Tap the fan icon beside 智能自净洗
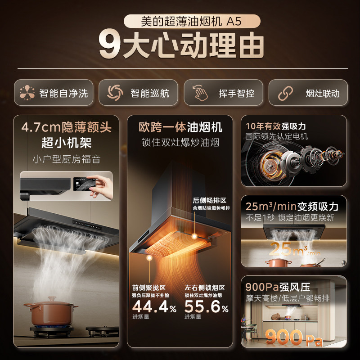27,93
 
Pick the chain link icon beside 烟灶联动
285,93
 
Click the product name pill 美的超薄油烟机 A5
180,21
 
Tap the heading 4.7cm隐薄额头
67,127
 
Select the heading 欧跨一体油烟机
180,127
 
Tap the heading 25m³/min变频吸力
292,207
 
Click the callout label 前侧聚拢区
149,287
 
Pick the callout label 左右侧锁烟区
205,287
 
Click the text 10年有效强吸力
275,126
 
